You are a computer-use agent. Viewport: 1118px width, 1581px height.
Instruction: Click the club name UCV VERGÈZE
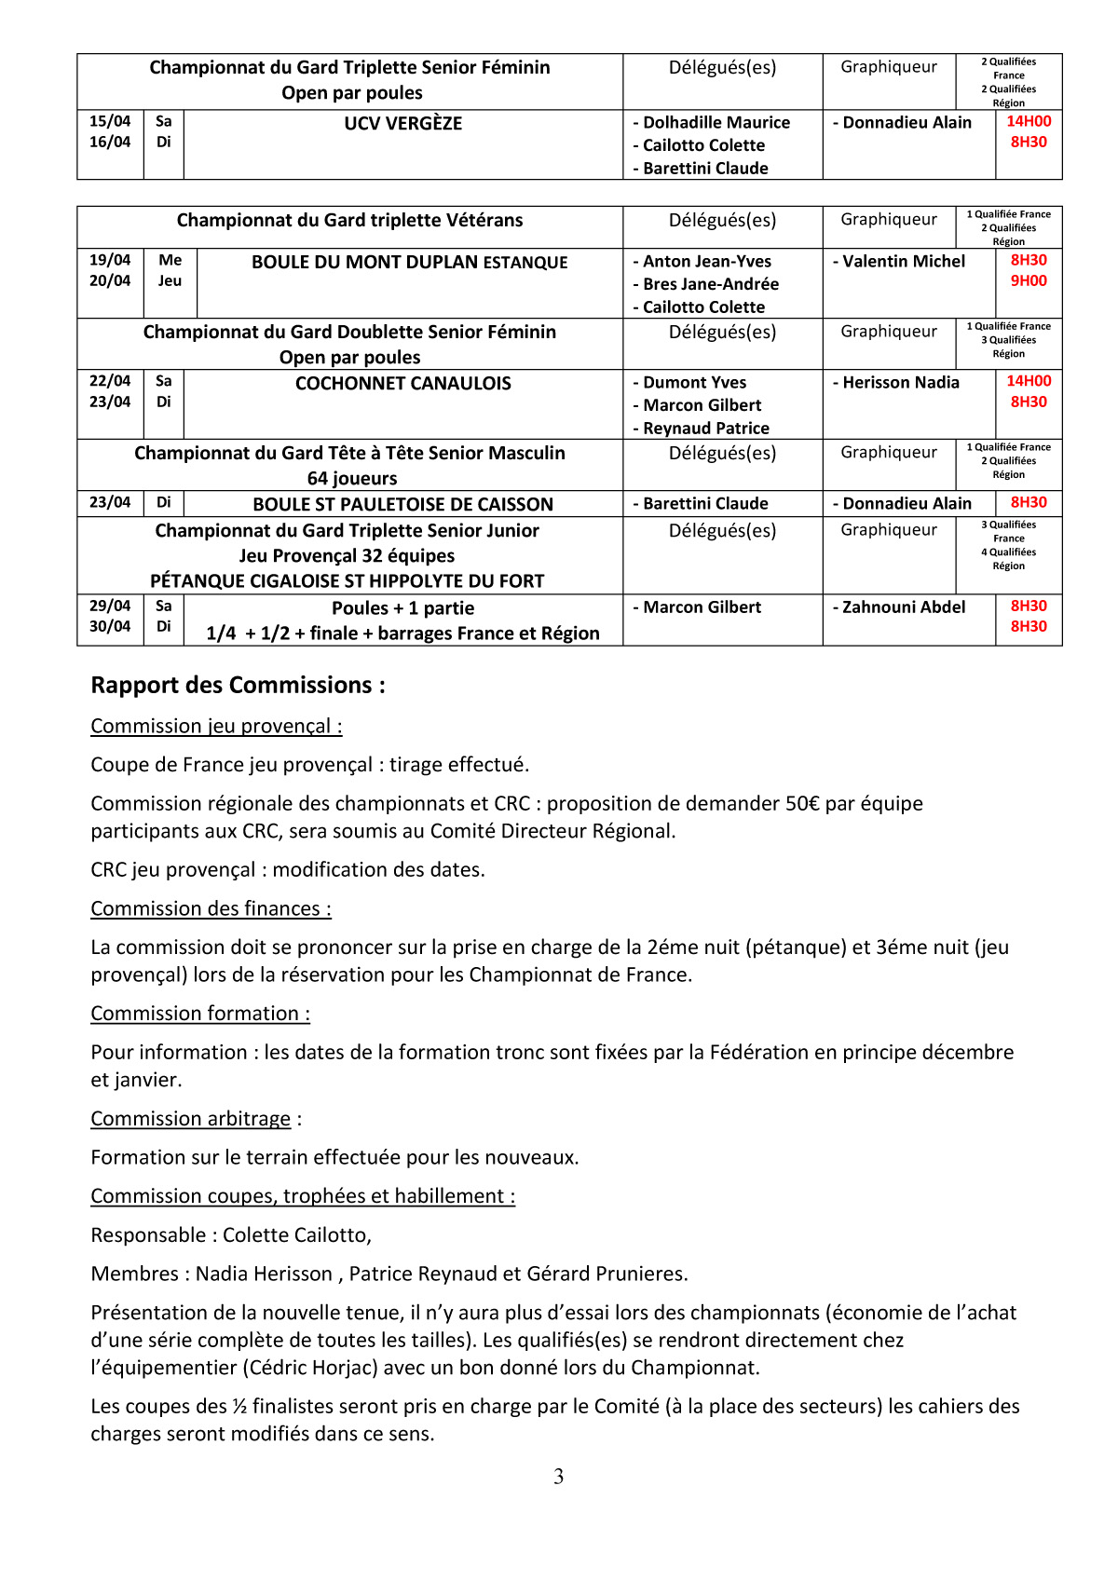click(402, 123)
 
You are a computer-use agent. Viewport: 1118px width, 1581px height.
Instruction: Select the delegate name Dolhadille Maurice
click(716, 122)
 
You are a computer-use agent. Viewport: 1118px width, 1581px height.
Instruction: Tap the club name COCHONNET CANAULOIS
click(402, 383)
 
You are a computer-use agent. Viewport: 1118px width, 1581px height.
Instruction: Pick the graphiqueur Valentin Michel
click(904, 261)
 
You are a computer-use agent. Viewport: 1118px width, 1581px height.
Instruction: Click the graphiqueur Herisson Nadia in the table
click(900, 382)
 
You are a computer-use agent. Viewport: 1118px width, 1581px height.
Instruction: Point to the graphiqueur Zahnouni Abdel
click(904, 607)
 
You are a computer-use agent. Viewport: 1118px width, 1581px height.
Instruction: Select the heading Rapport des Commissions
click(238, 685)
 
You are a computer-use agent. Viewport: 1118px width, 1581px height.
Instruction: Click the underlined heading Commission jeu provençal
click(216, 726)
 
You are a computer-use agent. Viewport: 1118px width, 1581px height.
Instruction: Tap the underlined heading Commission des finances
click(211, 908)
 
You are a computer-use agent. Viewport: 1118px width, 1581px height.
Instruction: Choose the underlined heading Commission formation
click(200, 1013)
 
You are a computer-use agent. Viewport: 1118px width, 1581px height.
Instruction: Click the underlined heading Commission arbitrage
click(191, 1118)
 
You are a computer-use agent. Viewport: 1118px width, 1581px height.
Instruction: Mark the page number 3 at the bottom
click(558, 1476)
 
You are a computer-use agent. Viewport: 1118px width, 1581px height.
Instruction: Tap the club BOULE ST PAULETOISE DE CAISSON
click(402, 504)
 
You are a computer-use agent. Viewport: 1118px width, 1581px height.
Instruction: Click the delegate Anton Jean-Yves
click(706, 261)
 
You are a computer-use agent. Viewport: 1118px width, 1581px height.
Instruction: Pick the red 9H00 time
click(1029, 280)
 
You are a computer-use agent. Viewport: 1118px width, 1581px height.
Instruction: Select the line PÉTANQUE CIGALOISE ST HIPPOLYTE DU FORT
click(347, 580)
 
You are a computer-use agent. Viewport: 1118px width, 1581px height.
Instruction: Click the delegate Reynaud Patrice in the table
click(706, 428)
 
